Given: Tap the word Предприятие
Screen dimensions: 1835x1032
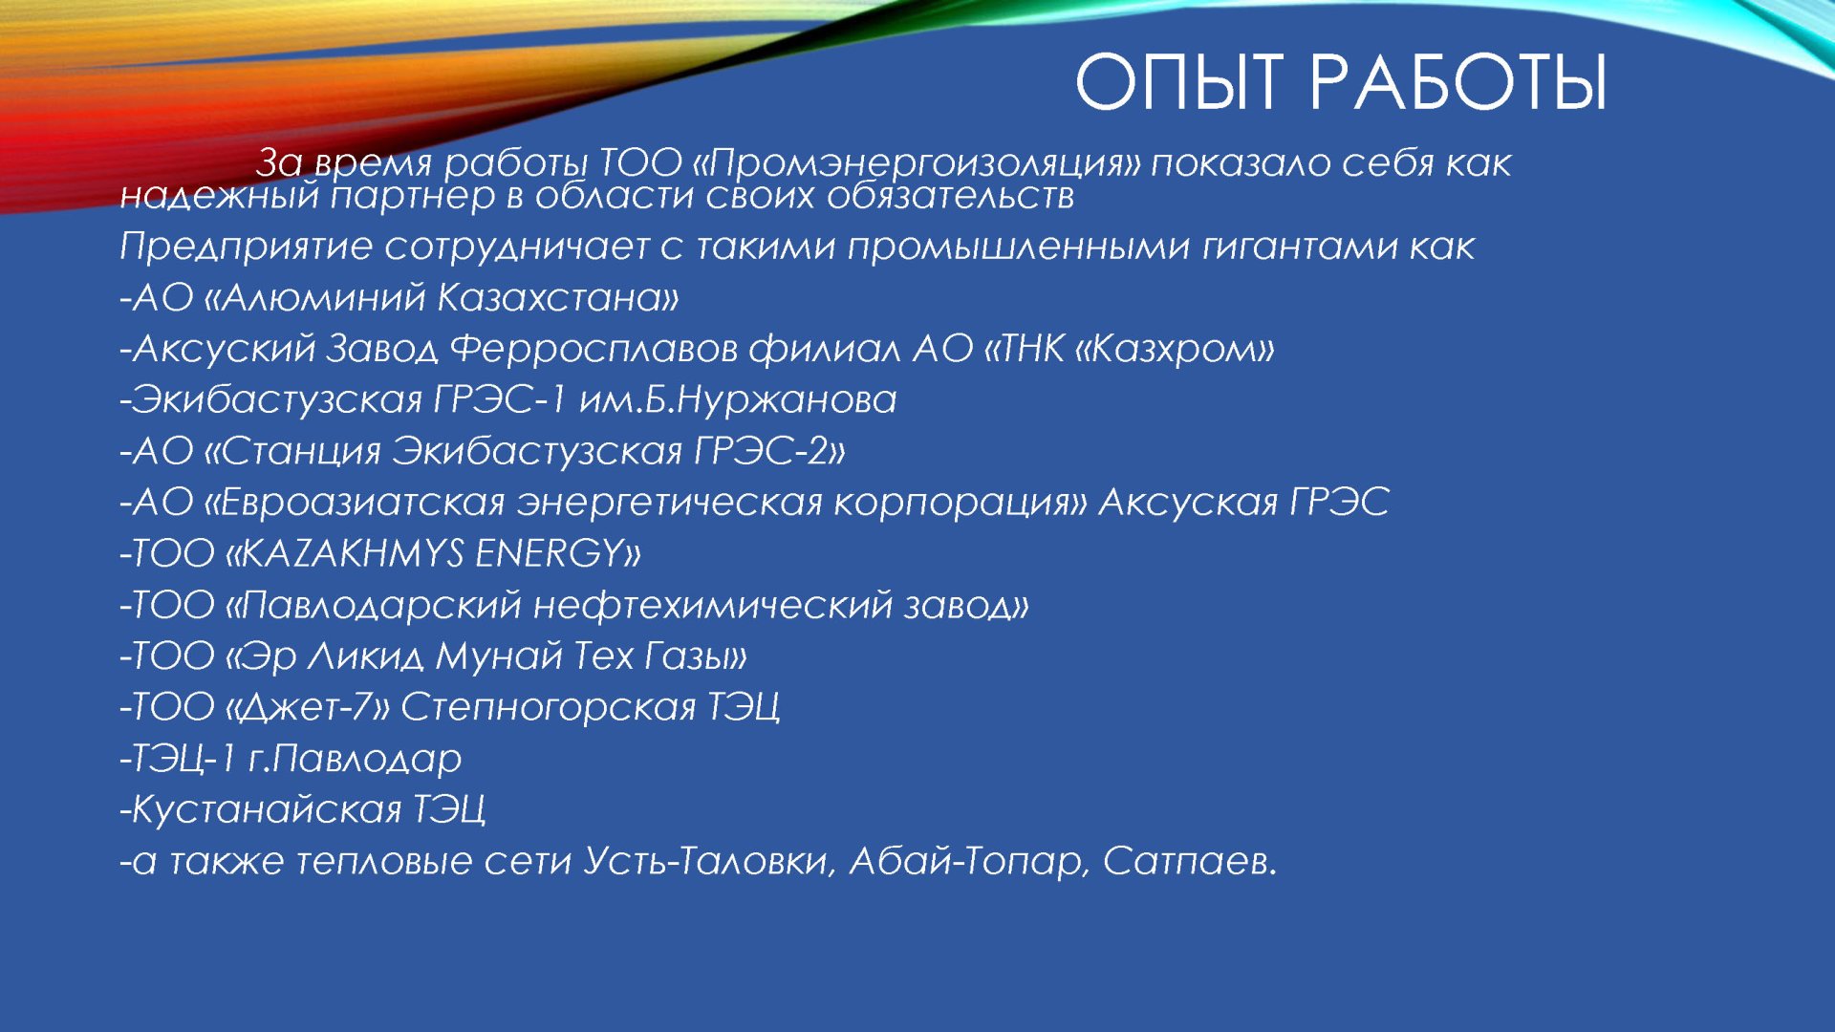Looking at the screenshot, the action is [x=246, y=247].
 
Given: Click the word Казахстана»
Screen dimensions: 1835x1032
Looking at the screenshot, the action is [x=558, y=298].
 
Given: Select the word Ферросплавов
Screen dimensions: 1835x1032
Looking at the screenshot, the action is [x=594, y=349].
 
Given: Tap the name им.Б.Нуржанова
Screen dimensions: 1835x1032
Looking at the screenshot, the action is [x=738, y=399].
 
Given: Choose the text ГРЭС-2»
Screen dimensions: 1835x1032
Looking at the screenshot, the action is [x=770, y=451].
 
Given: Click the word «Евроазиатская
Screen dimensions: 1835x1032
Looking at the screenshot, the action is [x=354, y=502].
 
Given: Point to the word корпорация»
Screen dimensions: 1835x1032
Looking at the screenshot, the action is [x=960, y=503].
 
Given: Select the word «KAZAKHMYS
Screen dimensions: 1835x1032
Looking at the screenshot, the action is [x=344, y=553].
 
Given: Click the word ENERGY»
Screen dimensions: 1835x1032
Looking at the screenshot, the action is [x=558, y=553].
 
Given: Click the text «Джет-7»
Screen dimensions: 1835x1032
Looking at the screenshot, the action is [x=307, y=707].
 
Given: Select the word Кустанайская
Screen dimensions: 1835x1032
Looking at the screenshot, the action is [x=267, y=809].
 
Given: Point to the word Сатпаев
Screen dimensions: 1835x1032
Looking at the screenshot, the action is [x=1190, y=861].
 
